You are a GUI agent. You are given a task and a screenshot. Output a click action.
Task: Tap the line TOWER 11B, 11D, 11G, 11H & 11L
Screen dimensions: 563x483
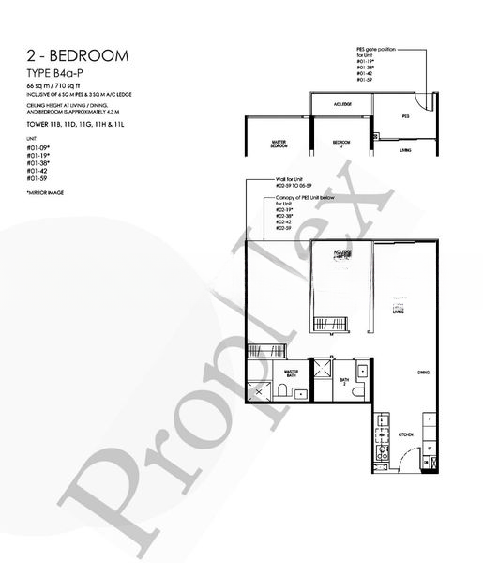[74, 125]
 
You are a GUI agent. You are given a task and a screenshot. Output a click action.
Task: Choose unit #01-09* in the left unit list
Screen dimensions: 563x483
[39, 147]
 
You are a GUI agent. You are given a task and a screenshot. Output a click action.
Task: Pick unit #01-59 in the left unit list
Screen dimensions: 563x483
[38, 177]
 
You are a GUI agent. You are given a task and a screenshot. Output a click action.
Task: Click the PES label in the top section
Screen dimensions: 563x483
[406, 117]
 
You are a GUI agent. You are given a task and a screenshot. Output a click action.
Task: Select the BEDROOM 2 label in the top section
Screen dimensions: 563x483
[340, 145]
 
